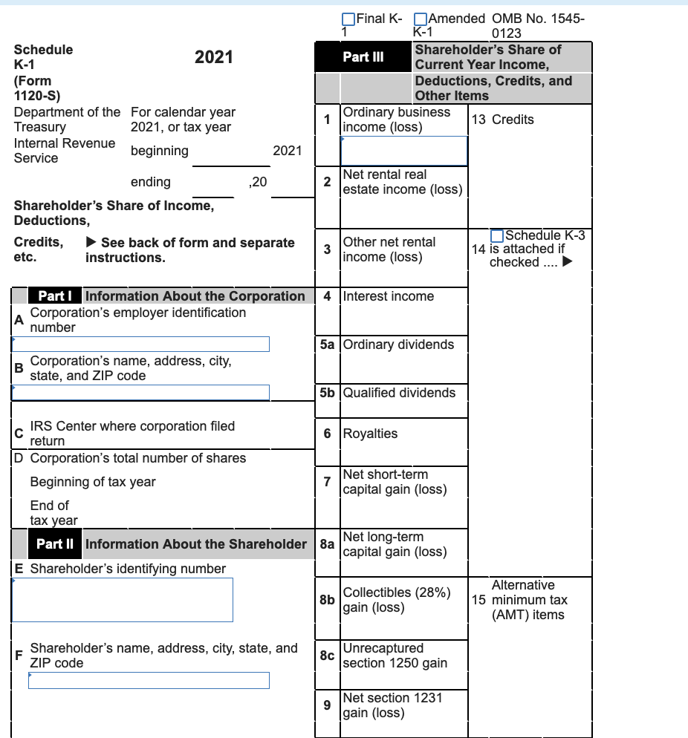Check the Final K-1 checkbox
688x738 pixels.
(x=348, y=19)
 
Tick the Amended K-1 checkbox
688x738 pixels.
(x=420, y=19)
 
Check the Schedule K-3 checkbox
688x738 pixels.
(x=496, y=235)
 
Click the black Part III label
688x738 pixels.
(x=363, y=57)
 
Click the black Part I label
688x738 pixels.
(x=54, y=295)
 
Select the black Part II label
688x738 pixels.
(x=54, y=544)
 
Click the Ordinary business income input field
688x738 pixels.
(x=404, y=151)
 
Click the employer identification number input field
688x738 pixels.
(x=140, y=344)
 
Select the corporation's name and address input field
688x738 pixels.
(x=140, y=392)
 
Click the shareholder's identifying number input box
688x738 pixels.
(x=122, y=599)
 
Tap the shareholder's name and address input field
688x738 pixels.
(x=149, y=680)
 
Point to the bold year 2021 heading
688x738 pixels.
(x=213, y=58)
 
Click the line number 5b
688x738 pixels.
(x=327, y=393)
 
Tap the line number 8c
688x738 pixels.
(x=327, y=656)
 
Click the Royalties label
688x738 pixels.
(x=370, y=434)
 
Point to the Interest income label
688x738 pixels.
(x=388, y=296)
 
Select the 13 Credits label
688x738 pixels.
(x=502, y=120)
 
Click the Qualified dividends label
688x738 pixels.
(x=399, y=393)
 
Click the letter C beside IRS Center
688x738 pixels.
(x=19, y=434)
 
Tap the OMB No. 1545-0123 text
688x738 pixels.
(x=538, y=26)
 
